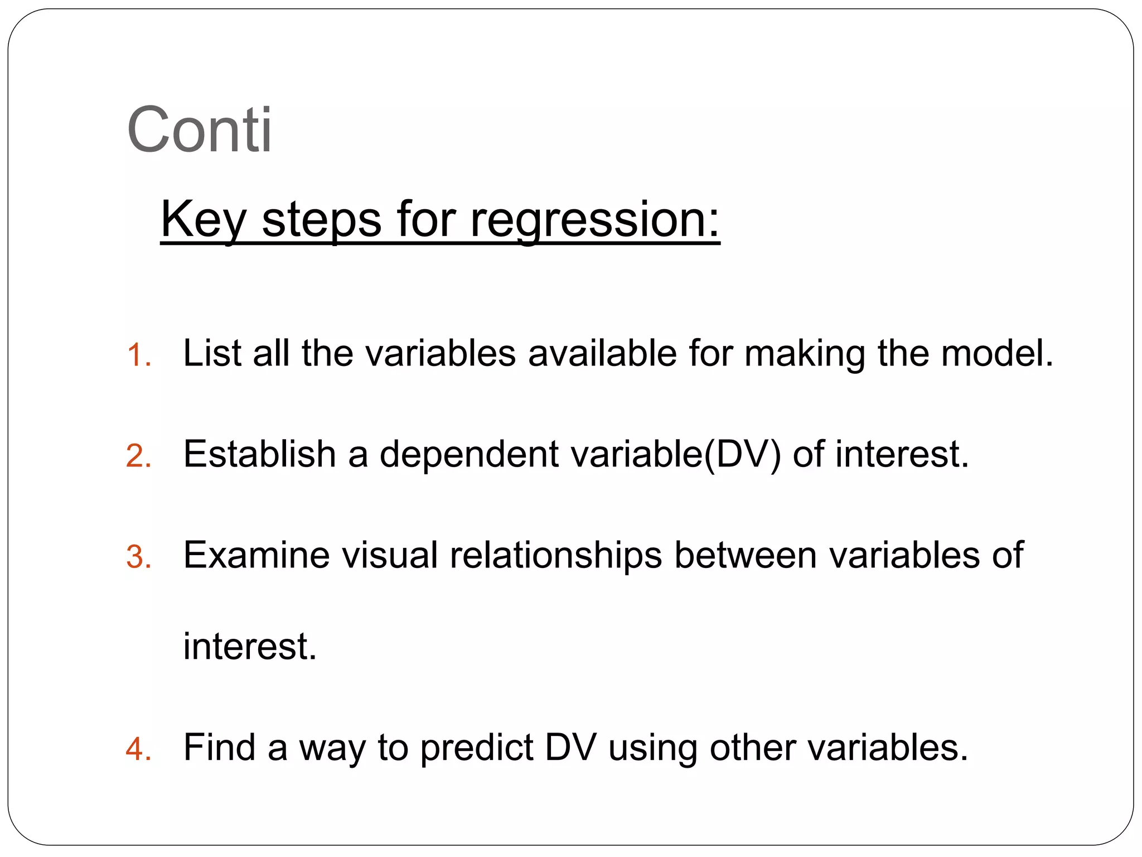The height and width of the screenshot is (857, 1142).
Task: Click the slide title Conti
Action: [199, 129]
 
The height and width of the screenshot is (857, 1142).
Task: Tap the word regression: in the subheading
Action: [595, 219]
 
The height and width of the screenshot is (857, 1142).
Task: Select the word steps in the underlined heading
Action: [322, 219]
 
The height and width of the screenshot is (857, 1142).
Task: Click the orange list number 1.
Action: [138, 355]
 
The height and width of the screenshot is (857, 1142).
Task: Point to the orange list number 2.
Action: [138, 456]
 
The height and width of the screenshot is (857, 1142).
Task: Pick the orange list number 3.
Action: [138, 557]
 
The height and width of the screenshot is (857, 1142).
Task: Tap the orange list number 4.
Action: [138, 749]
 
